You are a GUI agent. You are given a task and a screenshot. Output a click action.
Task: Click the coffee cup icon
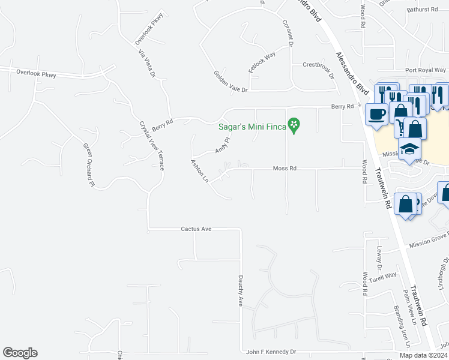(376, 114)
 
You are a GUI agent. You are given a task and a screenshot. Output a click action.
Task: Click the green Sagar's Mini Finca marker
(294, 125)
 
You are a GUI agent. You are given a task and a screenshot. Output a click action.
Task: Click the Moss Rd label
(285, 169)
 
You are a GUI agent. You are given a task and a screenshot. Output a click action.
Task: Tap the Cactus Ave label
(196, 229)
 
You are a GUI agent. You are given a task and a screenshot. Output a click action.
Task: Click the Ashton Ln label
(199, 171)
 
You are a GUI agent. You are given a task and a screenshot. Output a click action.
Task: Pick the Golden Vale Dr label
(231, 81)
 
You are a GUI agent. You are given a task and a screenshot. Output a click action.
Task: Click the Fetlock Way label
(262, 62)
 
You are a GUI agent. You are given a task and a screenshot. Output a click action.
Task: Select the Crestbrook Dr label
(318, 64)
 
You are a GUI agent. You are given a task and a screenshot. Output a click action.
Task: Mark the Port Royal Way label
(426, 70)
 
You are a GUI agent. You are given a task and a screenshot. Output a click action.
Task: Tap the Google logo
(20, 353)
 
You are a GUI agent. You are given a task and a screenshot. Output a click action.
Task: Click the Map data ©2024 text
(423, 355)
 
